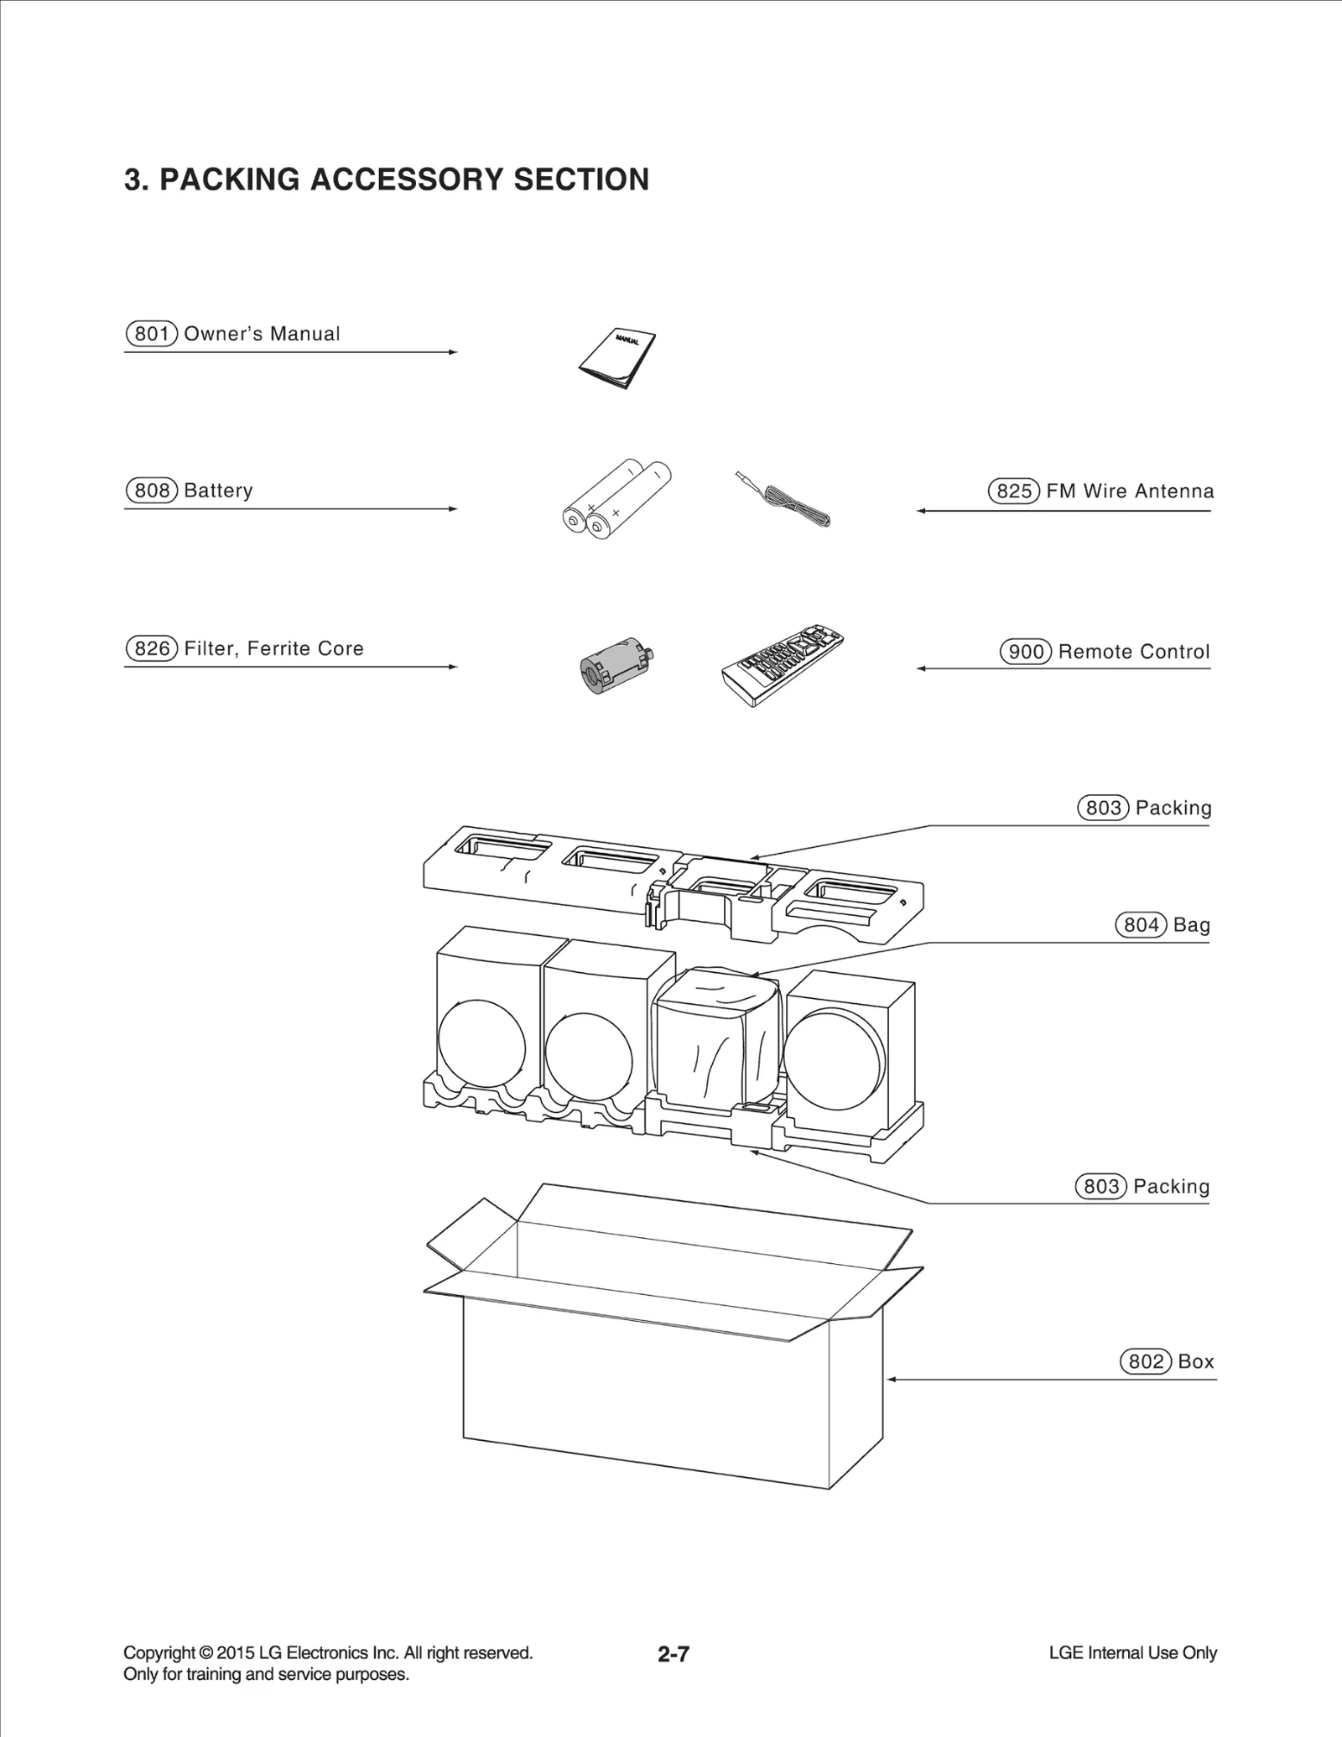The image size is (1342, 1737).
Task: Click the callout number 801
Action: (152, 334)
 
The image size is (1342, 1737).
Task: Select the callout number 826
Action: (152, 648)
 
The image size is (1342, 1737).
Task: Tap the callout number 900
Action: (1026, 652)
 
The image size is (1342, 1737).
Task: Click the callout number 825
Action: (1014, 491)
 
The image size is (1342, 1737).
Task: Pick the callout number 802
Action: (1146, 1361)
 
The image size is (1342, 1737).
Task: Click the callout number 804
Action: (1141, 925)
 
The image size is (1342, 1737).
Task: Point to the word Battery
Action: (218, 491)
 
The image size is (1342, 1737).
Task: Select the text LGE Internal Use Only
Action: (1132, 1653)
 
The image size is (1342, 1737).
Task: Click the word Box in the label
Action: (1195, 1361)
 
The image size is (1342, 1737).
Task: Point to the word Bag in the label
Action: (1191, 925)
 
